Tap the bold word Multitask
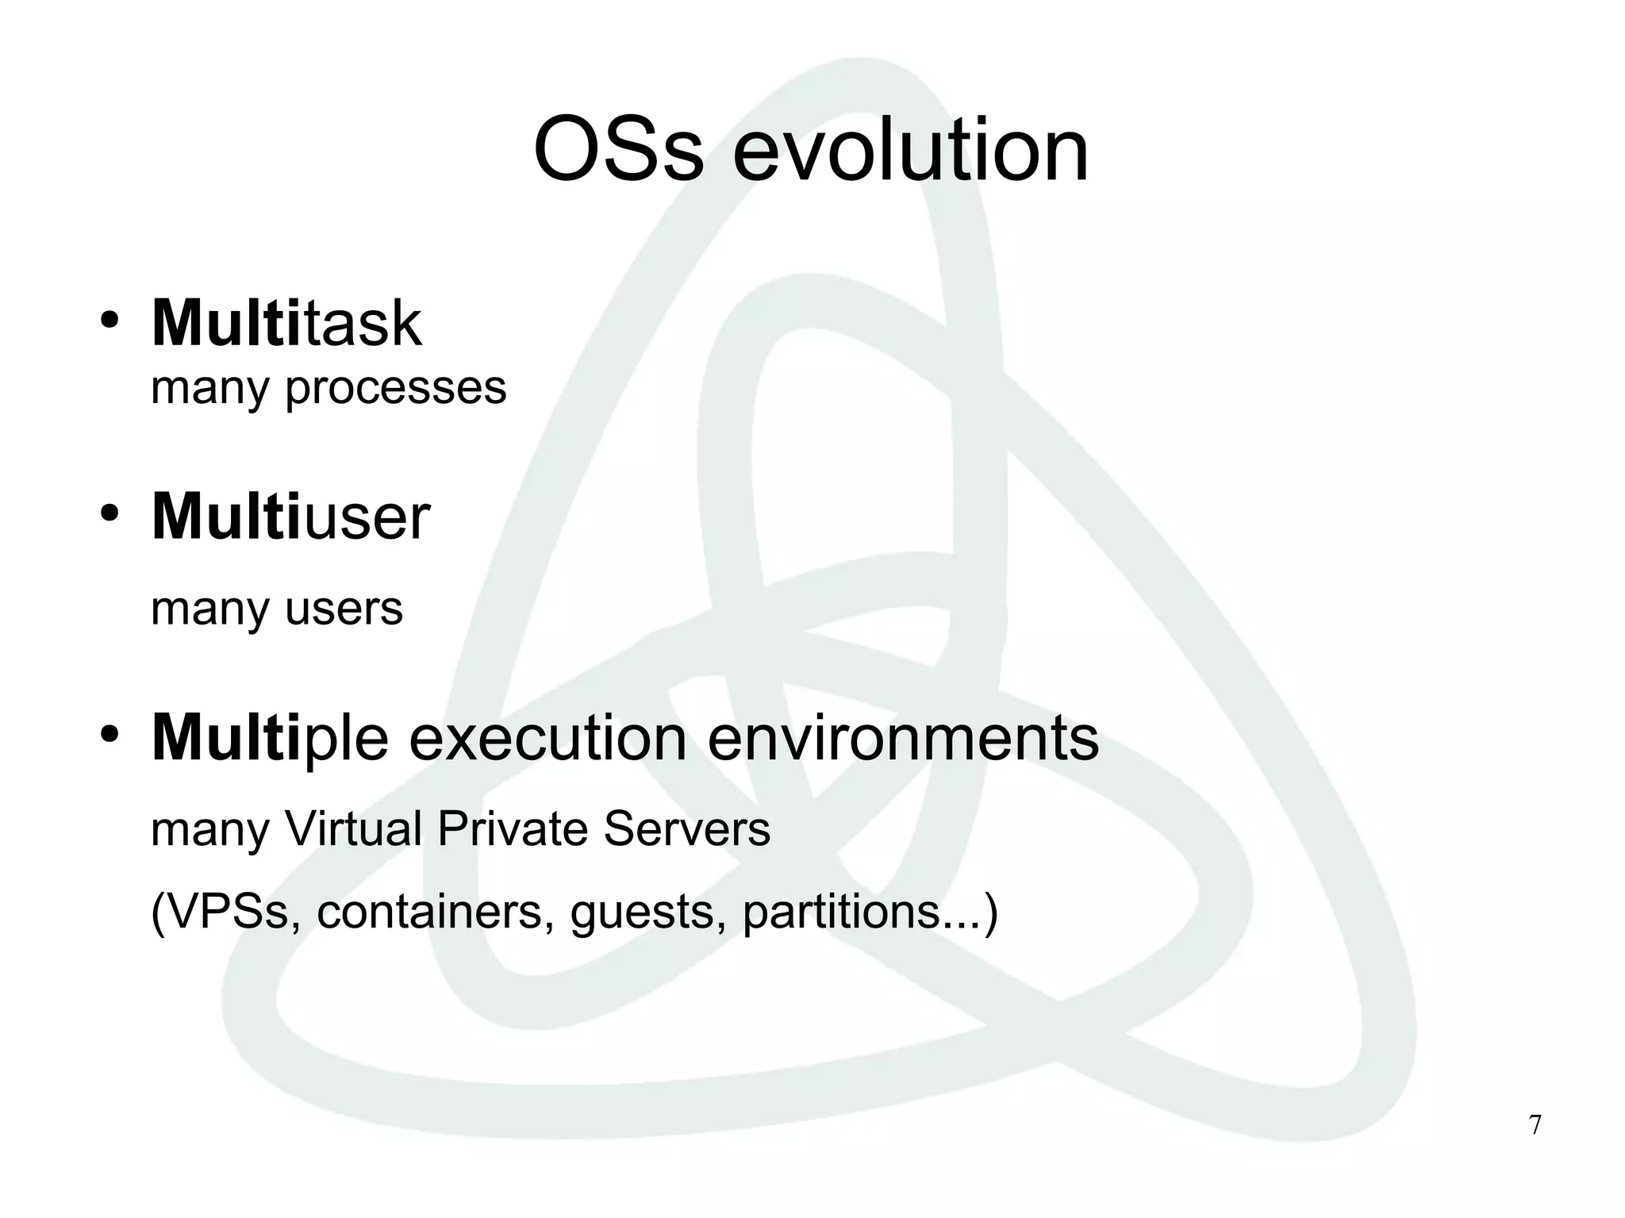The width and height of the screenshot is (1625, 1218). [x=286, y=323]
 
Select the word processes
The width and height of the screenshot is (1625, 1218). [x=395, y=389]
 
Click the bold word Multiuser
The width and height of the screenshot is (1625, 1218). [x=290, y=517]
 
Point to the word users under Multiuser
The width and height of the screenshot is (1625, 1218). [x=344, y=609]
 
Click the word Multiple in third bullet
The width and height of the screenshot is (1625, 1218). [x=270, y=739]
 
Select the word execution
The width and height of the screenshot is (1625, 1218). [x=547, y=739]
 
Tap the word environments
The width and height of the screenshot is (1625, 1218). [x=902, y=739]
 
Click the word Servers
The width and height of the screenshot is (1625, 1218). [x=686, y=829]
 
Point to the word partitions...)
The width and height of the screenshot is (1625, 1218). [x=870, y=913]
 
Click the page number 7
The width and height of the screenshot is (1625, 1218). [x=1535, y=1125]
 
